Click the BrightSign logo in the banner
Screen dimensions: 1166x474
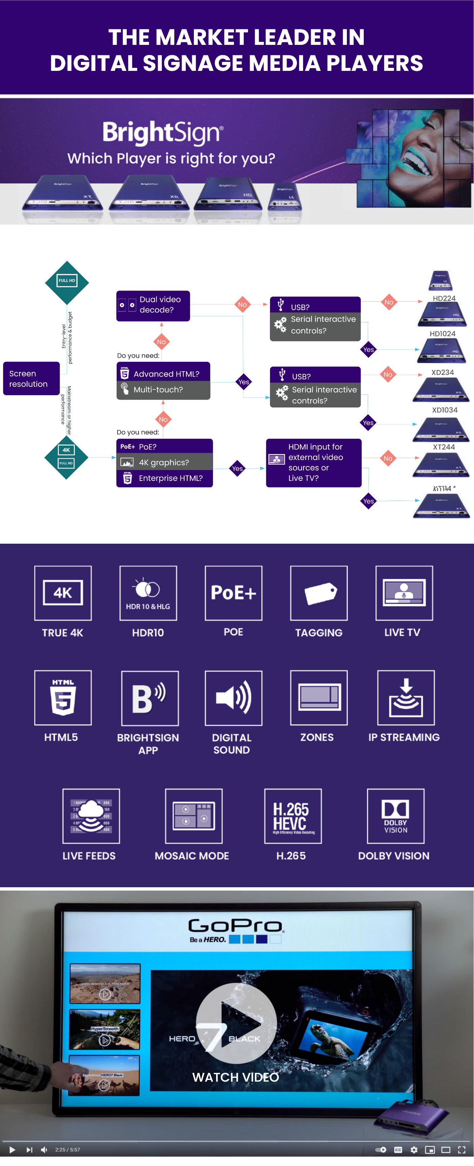tap(163, 132)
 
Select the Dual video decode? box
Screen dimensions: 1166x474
tap(153, 305)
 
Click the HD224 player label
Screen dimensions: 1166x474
tap(444, 298)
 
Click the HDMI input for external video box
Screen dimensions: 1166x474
tap(314, 463)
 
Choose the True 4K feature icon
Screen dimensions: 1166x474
tap(63, 593)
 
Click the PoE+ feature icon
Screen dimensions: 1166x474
tap(233, 593)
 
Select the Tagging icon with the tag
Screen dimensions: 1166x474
tap(319, 593)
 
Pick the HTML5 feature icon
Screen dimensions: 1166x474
tap(63, 698)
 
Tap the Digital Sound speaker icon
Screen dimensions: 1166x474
tap(233, 698)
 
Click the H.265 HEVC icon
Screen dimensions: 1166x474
tap(293, 816)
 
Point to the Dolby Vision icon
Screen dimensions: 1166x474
tap(395, 816)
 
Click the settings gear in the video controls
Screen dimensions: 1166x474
tap(413, 1150)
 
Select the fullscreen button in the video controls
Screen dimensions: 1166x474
tap(461, 1150)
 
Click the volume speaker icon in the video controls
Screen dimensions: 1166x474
tap(44, 1150)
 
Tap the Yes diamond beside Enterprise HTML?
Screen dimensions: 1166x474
tap(237, 468)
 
